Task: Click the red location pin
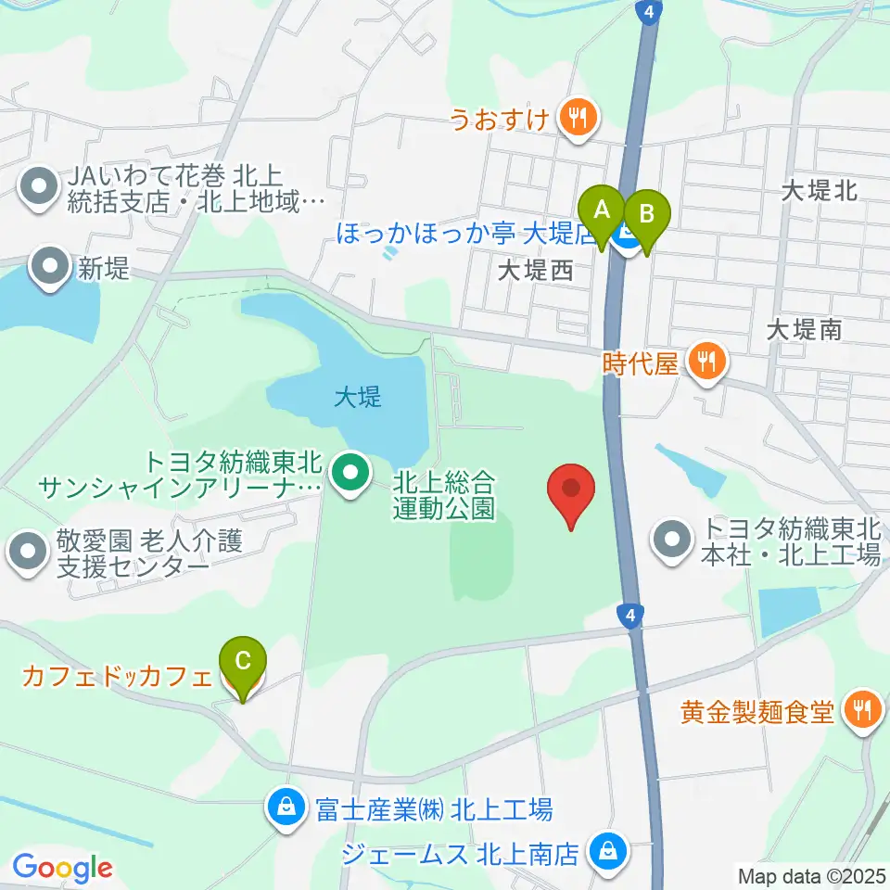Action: [571, 489]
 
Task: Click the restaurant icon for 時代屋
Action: [706, 361]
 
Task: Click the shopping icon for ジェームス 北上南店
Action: [608, 850]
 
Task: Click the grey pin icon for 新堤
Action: [47, 268]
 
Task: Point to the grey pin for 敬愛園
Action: [28, 553]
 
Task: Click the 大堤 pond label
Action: [358, 399]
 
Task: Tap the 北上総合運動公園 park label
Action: [444, 495]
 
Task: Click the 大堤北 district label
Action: [819, 191]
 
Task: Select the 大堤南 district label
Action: [805, 329]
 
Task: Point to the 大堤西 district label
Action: [535, 271]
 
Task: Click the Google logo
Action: [62, 868]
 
